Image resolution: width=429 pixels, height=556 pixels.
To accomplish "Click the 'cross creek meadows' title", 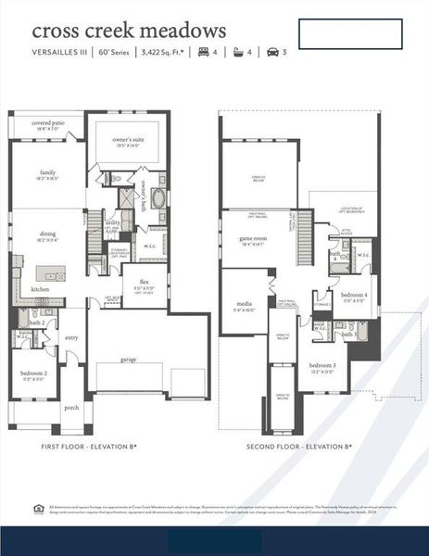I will pos(129,33).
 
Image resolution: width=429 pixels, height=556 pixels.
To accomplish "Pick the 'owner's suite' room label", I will pos(128,141).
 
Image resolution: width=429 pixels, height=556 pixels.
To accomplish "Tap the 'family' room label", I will pos(48,172).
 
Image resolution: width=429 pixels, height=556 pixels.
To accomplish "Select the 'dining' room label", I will pos(48,234).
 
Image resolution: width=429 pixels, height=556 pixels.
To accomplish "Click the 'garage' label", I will pos(128,360).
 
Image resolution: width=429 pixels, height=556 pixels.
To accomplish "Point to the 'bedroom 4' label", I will pos(356,296).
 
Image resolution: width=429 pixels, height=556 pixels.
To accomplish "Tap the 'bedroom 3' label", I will pos(322,366).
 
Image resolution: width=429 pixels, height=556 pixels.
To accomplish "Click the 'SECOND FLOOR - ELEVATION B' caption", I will pos(298,447).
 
